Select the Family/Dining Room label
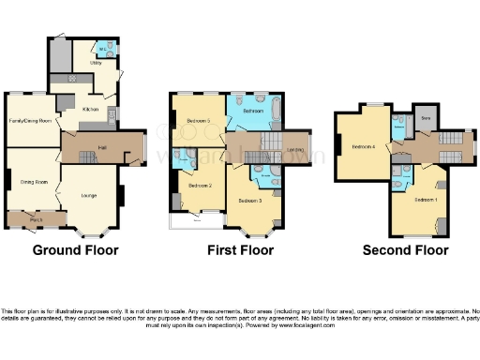point(29,121)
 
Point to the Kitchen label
point(90,109)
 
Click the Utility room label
point(96,63)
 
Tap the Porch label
point(35,220)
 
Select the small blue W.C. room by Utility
point(104,49)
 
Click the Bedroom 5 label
point(198,120)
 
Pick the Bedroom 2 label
point(198,185)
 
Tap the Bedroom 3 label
point(248,201)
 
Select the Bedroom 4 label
point(364,146)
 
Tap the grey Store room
point(426,118)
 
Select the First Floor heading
point(241,250)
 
